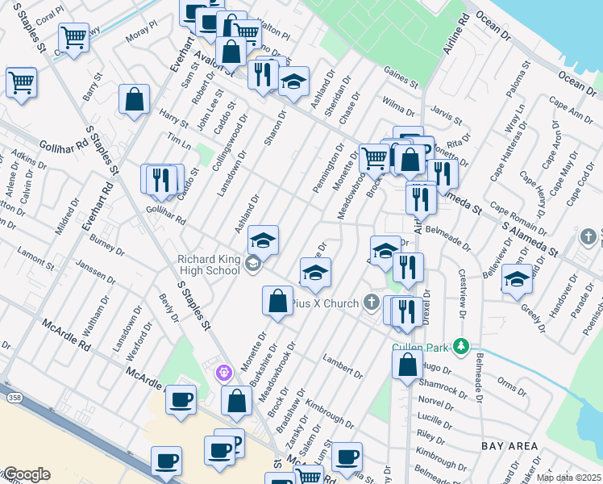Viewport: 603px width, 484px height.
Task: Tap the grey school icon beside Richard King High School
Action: tap(253, 264)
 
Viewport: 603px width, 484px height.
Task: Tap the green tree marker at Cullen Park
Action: tap(460, 346)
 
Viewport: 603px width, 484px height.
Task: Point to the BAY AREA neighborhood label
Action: tap(509, 445)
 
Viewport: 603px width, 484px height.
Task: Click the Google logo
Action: tap(26, 474)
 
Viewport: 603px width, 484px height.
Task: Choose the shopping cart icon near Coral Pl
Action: tap(73, 36)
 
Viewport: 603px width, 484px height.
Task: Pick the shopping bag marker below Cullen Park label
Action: tap(407, 364)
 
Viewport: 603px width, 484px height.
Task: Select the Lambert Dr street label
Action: tap(342, 366)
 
